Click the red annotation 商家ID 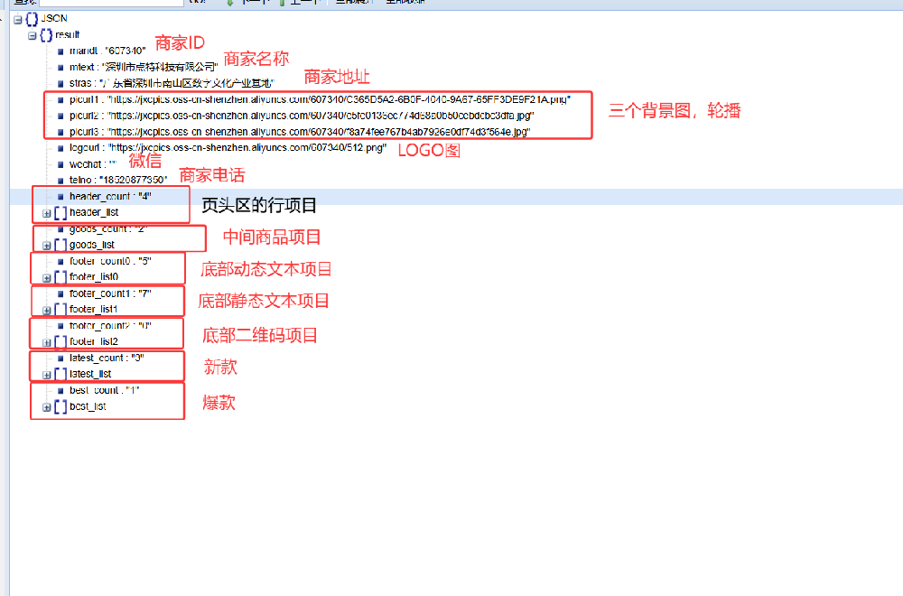click(x=180, y=43)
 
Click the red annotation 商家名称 click(x=256, y=59)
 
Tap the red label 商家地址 click(x=337, y=77)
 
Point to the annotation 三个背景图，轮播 click(x=675, y=111)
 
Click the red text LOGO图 click(x=429, y=151)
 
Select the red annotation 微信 click(x=145, y=161)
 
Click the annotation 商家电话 click(x=211, y=175)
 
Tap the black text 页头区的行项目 click(x=258, y=205)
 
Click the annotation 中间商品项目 click(x=272, y=237)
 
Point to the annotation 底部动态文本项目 click(x=265, y=269)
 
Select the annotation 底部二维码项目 click(x=260, y=336)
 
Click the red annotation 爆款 click(x=219, y=403)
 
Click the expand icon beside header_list click(x=47, y=213)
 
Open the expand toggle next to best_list click(x=47, y=407)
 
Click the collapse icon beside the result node click(x=33, y=35)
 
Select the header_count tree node click(x=109, y=197)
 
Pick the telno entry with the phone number click(x=117, y=181)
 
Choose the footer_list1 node click(x=93, y=310)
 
